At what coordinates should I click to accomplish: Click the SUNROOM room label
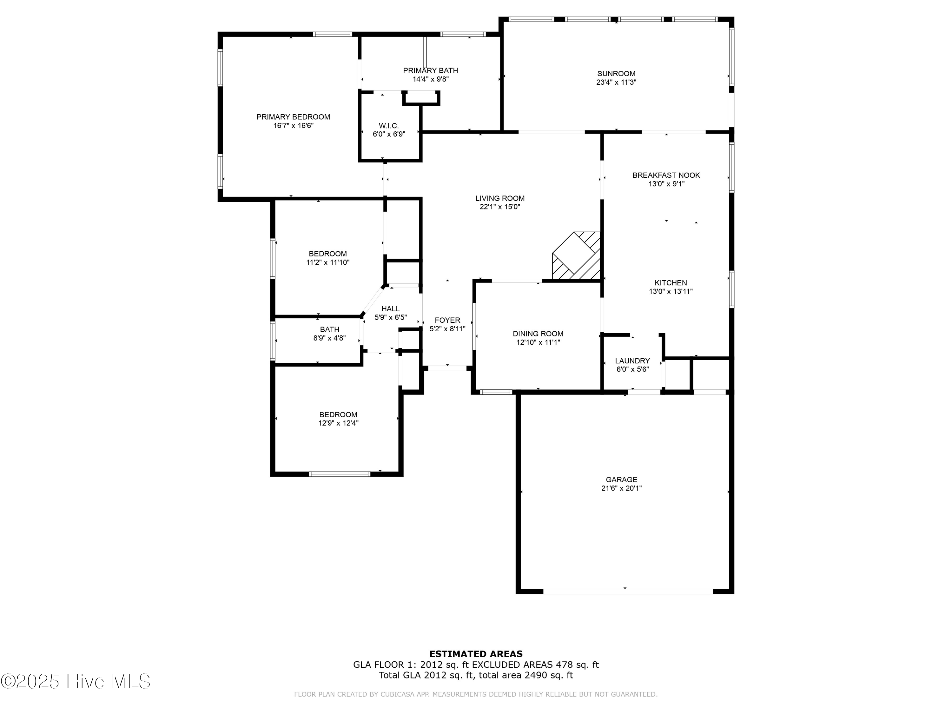(616, 74)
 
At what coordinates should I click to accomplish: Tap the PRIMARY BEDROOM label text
(293, 117)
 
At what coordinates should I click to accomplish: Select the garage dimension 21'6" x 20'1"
(621, 488)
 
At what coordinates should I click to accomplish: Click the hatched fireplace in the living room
(576, 256)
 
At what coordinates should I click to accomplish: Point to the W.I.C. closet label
(389, 126)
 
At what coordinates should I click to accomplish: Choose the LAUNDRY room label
(632, 361)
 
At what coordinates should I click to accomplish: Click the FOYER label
(447, 320)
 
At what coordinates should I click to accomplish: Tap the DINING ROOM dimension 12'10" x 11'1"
(538, 343)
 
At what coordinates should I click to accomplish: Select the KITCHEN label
(671, 283)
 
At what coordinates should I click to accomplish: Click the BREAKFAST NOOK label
(666, 175)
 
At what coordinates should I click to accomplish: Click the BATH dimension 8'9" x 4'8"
(329, 338)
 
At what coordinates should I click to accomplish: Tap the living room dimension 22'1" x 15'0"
(500, 207)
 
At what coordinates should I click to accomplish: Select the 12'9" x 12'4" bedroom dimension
(338, 423)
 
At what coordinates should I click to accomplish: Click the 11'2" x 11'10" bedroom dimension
(327, 262)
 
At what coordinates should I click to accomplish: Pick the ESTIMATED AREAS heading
(476, 654)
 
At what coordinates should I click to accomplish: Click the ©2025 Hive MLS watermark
(76, 681)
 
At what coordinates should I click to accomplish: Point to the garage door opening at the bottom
(628, 591)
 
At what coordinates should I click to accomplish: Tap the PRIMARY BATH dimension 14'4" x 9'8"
(430, 79)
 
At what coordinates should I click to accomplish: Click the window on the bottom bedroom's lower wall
(339, 474)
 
